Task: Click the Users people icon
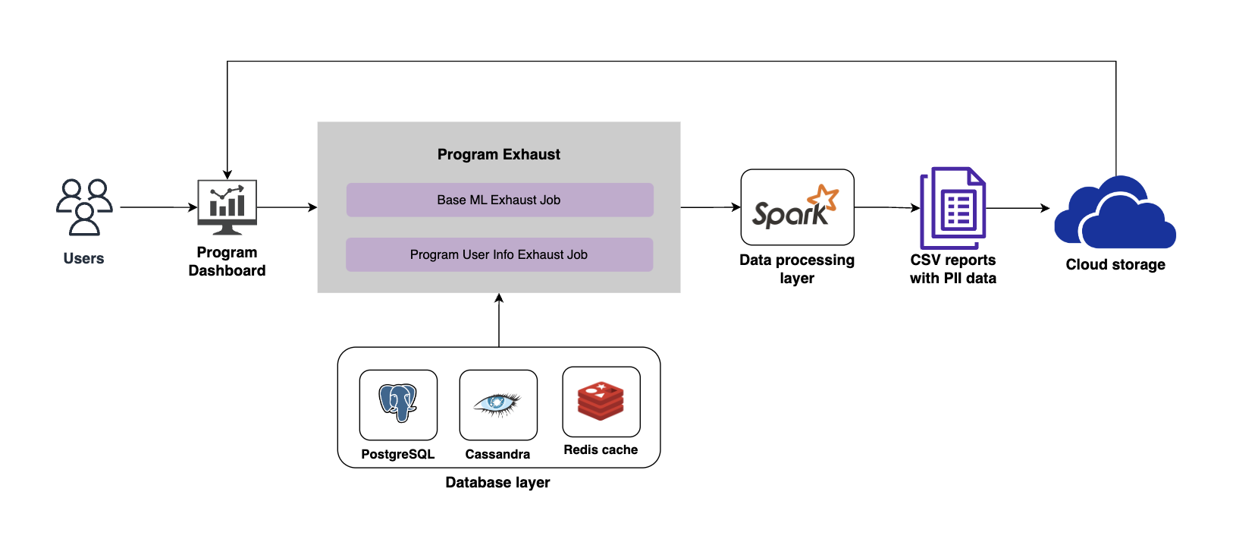coord(84,207)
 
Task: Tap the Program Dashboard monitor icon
coord(227,207)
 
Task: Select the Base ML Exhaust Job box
coord(500,200)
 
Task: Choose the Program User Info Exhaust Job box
coord(499,254)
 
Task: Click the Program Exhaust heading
coord(499,154)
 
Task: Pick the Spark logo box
coord(797,207)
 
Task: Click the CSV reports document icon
coord(953,208)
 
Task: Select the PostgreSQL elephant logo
coord(398,403)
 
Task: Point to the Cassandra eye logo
coord(498,404)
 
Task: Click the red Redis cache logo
coord(601,401)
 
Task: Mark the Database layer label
coord(497,482)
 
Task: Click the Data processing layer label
coord(797,269)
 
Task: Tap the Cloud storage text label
coord(1115,264)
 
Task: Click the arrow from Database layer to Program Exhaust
coord(499,320)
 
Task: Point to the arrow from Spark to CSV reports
coord(886,207)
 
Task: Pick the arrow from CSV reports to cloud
coord(1017,208)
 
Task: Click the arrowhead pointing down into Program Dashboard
coord(227,174)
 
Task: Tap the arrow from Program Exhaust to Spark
coord(710,207)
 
